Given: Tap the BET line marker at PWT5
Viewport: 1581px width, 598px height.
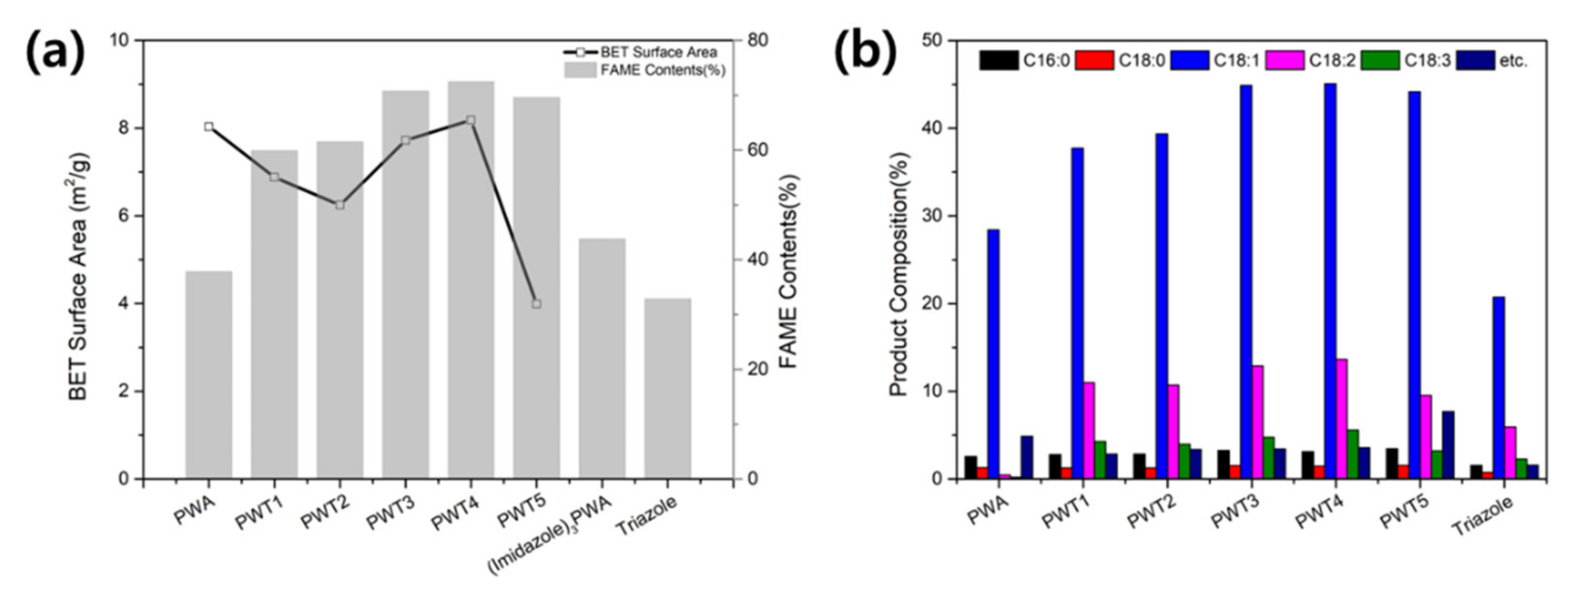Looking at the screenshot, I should pyautogui.click(x=536, y=304).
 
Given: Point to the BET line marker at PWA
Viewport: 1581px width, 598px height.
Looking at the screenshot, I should pyautogui.click(x=209, y=127).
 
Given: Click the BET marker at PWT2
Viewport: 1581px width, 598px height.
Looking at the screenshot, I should pyautogui.click(x=340, y=205).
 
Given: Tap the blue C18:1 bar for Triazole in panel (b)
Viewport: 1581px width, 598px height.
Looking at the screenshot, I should pyautogui.click(x=1498, y=388).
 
